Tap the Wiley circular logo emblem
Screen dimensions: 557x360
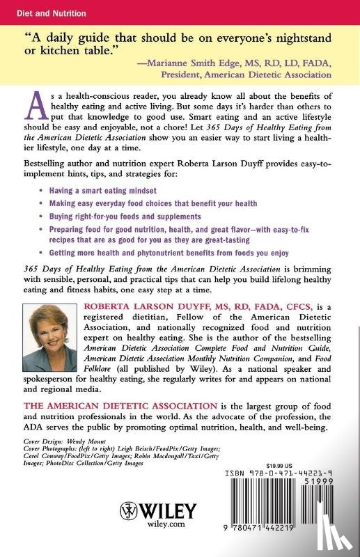[x=130, y=513]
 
